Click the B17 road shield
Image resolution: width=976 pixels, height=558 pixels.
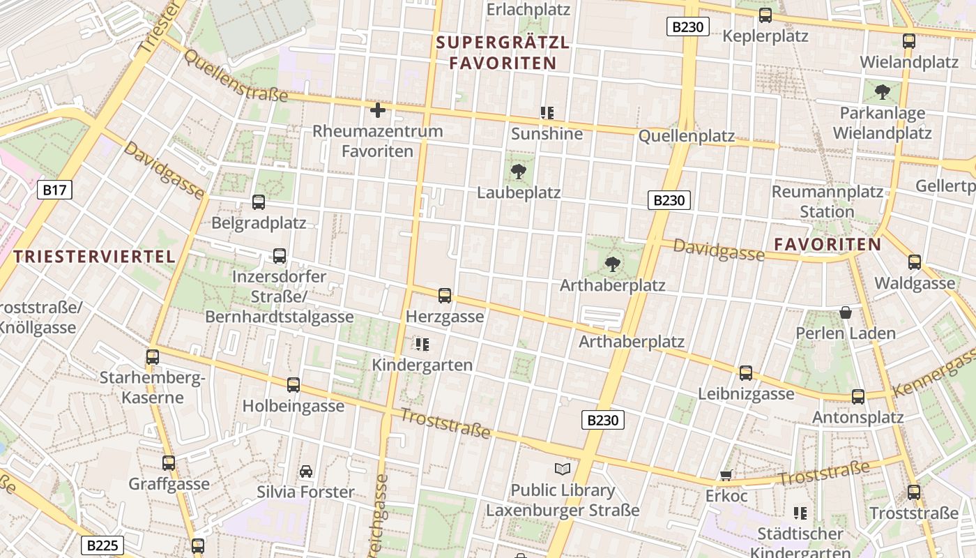55,189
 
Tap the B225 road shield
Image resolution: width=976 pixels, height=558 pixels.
102,545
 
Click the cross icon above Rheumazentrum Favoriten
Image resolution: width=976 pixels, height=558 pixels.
377,110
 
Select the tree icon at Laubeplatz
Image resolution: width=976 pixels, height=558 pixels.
518,172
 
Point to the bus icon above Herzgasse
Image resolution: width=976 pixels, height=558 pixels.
445,296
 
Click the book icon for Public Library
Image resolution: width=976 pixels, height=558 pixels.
562,469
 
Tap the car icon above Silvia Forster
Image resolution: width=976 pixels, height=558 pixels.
305,472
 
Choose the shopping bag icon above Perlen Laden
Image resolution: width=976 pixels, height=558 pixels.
846,312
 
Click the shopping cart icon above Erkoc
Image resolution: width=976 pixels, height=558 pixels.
726,476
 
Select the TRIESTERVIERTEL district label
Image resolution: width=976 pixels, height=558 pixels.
95,256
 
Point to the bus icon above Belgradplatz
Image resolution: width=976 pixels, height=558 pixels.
259,202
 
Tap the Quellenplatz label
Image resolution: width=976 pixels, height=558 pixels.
687,136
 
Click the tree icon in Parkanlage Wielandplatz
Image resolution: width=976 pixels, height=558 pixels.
882,91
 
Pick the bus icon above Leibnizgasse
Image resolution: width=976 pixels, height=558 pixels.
746,373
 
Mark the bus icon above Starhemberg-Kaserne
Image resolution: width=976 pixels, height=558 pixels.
153,357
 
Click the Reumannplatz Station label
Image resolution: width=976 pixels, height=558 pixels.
828,201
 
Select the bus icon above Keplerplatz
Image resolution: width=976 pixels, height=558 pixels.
765,15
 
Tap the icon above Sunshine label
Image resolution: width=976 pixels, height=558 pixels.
547,112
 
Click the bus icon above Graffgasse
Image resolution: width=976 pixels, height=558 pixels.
169,463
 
